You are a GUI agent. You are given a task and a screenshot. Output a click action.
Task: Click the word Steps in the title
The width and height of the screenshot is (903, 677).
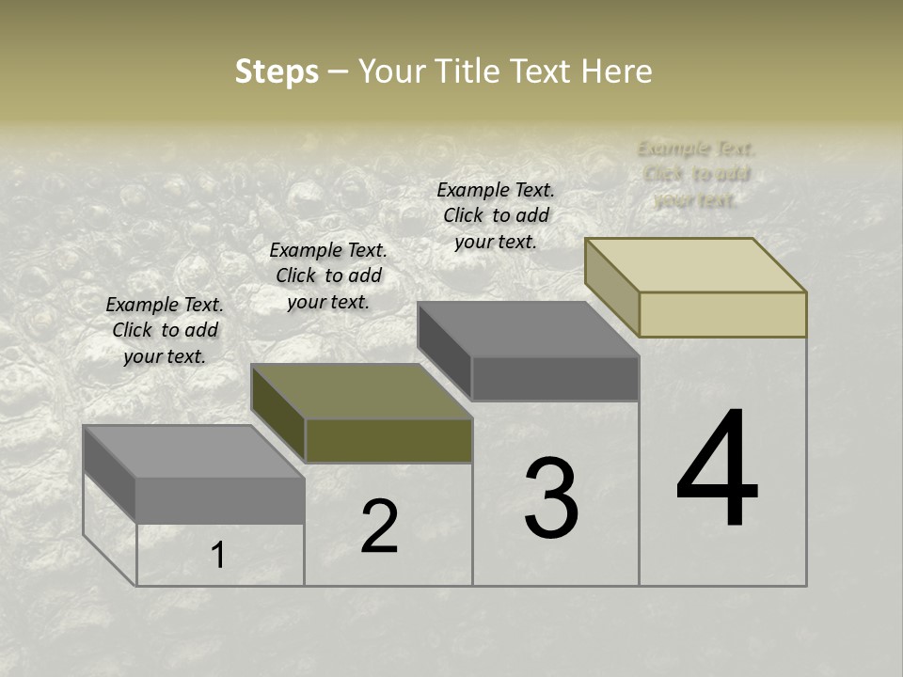[x=277, y=71]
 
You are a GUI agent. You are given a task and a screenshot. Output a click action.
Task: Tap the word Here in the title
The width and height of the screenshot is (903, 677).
[x=616, y=71]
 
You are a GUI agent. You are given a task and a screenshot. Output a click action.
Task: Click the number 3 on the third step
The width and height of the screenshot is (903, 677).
[x=551, y=497]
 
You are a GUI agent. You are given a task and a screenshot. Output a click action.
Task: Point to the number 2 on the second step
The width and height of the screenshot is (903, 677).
[x=379, y=527]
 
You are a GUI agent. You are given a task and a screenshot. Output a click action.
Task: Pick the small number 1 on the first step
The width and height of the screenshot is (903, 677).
[x=218, y=556]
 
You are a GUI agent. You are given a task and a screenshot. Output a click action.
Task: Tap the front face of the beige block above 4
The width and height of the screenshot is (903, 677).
[x=722, y=314]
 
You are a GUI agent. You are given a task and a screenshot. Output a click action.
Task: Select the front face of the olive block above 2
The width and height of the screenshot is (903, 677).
[x=388, y=440]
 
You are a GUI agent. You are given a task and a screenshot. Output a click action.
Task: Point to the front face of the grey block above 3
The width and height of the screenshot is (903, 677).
[x=555, y=378]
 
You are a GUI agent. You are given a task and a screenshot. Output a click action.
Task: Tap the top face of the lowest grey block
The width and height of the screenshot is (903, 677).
[x=194, y=451]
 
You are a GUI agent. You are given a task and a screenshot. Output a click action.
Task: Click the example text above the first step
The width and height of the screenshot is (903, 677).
[x=165, y=330]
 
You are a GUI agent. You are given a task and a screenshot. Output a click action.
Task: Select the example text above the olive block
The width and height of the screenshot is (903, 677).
[x=328, y=276]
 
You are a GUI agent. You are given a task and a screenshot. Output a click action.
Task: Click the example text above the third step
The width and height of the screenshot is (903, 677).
[x=496, y=215]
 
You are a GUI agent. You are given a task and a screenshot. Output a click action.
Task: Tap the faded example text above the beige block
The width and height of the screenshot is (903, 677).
[x=696, y=174]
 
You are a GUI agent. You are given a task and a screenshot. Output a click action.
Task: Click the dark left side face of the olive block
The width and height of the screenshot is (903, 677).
[x=278, y=414]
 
